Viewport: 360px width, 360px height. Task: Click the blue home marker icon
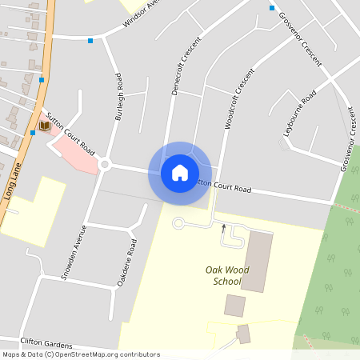179,173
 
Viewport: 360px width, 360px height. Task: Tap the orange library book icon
45,126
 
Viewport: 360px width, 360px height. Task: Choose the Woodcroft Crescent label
240,101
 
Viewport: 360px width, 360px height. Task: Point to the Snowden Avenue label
73,249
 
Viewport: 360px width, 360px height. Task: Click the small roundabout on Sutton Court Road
104,165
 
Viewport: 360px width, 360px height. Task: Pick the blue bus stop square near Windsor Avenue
90,40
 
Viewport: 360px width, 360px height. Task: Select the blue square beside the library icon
33,133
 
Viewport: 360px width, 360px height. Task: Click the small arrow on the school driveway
223,228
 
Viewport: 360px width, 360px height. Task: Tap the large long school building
257,261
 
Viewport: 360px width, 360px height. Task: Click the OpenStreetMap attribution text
81,354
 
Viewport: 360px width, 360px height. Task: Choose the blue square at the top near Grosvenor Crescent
272,8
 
